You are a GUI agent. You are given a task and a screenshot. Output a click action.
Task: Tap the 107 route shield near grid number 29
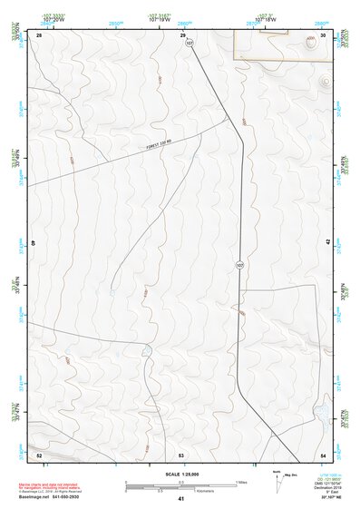(190, 42)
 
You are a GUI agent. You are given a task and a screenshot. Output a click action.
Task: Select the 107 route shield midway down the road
(239, 265)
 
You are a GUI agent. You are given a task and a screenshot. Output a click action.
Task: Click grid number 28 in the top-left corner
(39, 35)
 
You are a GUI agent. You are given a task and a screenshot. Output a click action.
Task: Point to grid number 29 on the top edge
(182, 35)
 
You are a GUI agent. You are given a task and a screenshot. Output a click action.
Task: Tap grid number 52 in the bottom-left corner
(39, 454)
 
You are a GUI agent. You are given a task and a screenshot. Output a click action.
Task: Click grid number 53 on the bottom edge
(181, 454)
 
